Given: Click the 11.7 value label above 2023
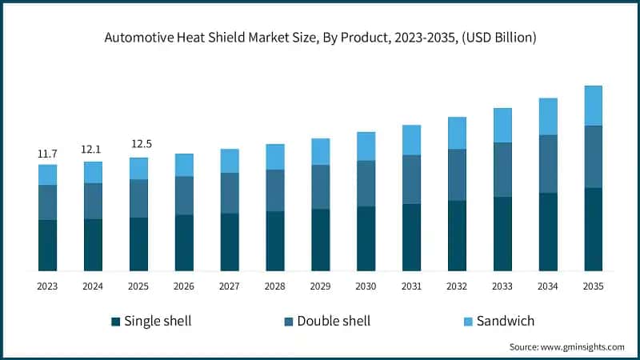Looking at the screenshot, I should point(47,154).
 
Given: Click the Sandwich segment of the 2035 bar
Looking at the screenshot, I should point(593,106).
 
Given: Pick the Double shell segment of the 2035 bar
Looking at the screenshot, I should point(593,157).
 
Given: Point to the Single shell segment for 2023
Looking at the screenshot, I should point(47,245).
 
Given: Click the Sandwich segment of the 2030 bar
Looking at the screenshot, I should point(366,146).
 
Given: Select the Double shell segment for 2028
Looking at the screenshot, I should point(275,190).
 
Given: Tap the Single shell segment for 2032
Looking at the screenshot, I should point(457,235).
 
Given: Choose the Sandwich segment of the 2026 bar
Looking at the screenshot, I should point(184,165).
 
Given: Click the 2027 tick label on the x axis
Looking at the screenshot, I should point(230,286).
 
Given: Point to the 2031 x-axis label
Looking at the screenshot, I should point(411,286).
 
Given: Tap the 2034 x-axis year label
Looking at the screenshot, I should point(547,286).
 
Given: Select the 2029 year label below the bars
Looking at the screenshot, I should point(320,286).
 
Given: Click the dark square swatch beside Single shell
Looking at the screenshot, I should point(116,322).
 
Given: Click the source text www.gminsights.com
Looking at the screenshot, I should point(582,347).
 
